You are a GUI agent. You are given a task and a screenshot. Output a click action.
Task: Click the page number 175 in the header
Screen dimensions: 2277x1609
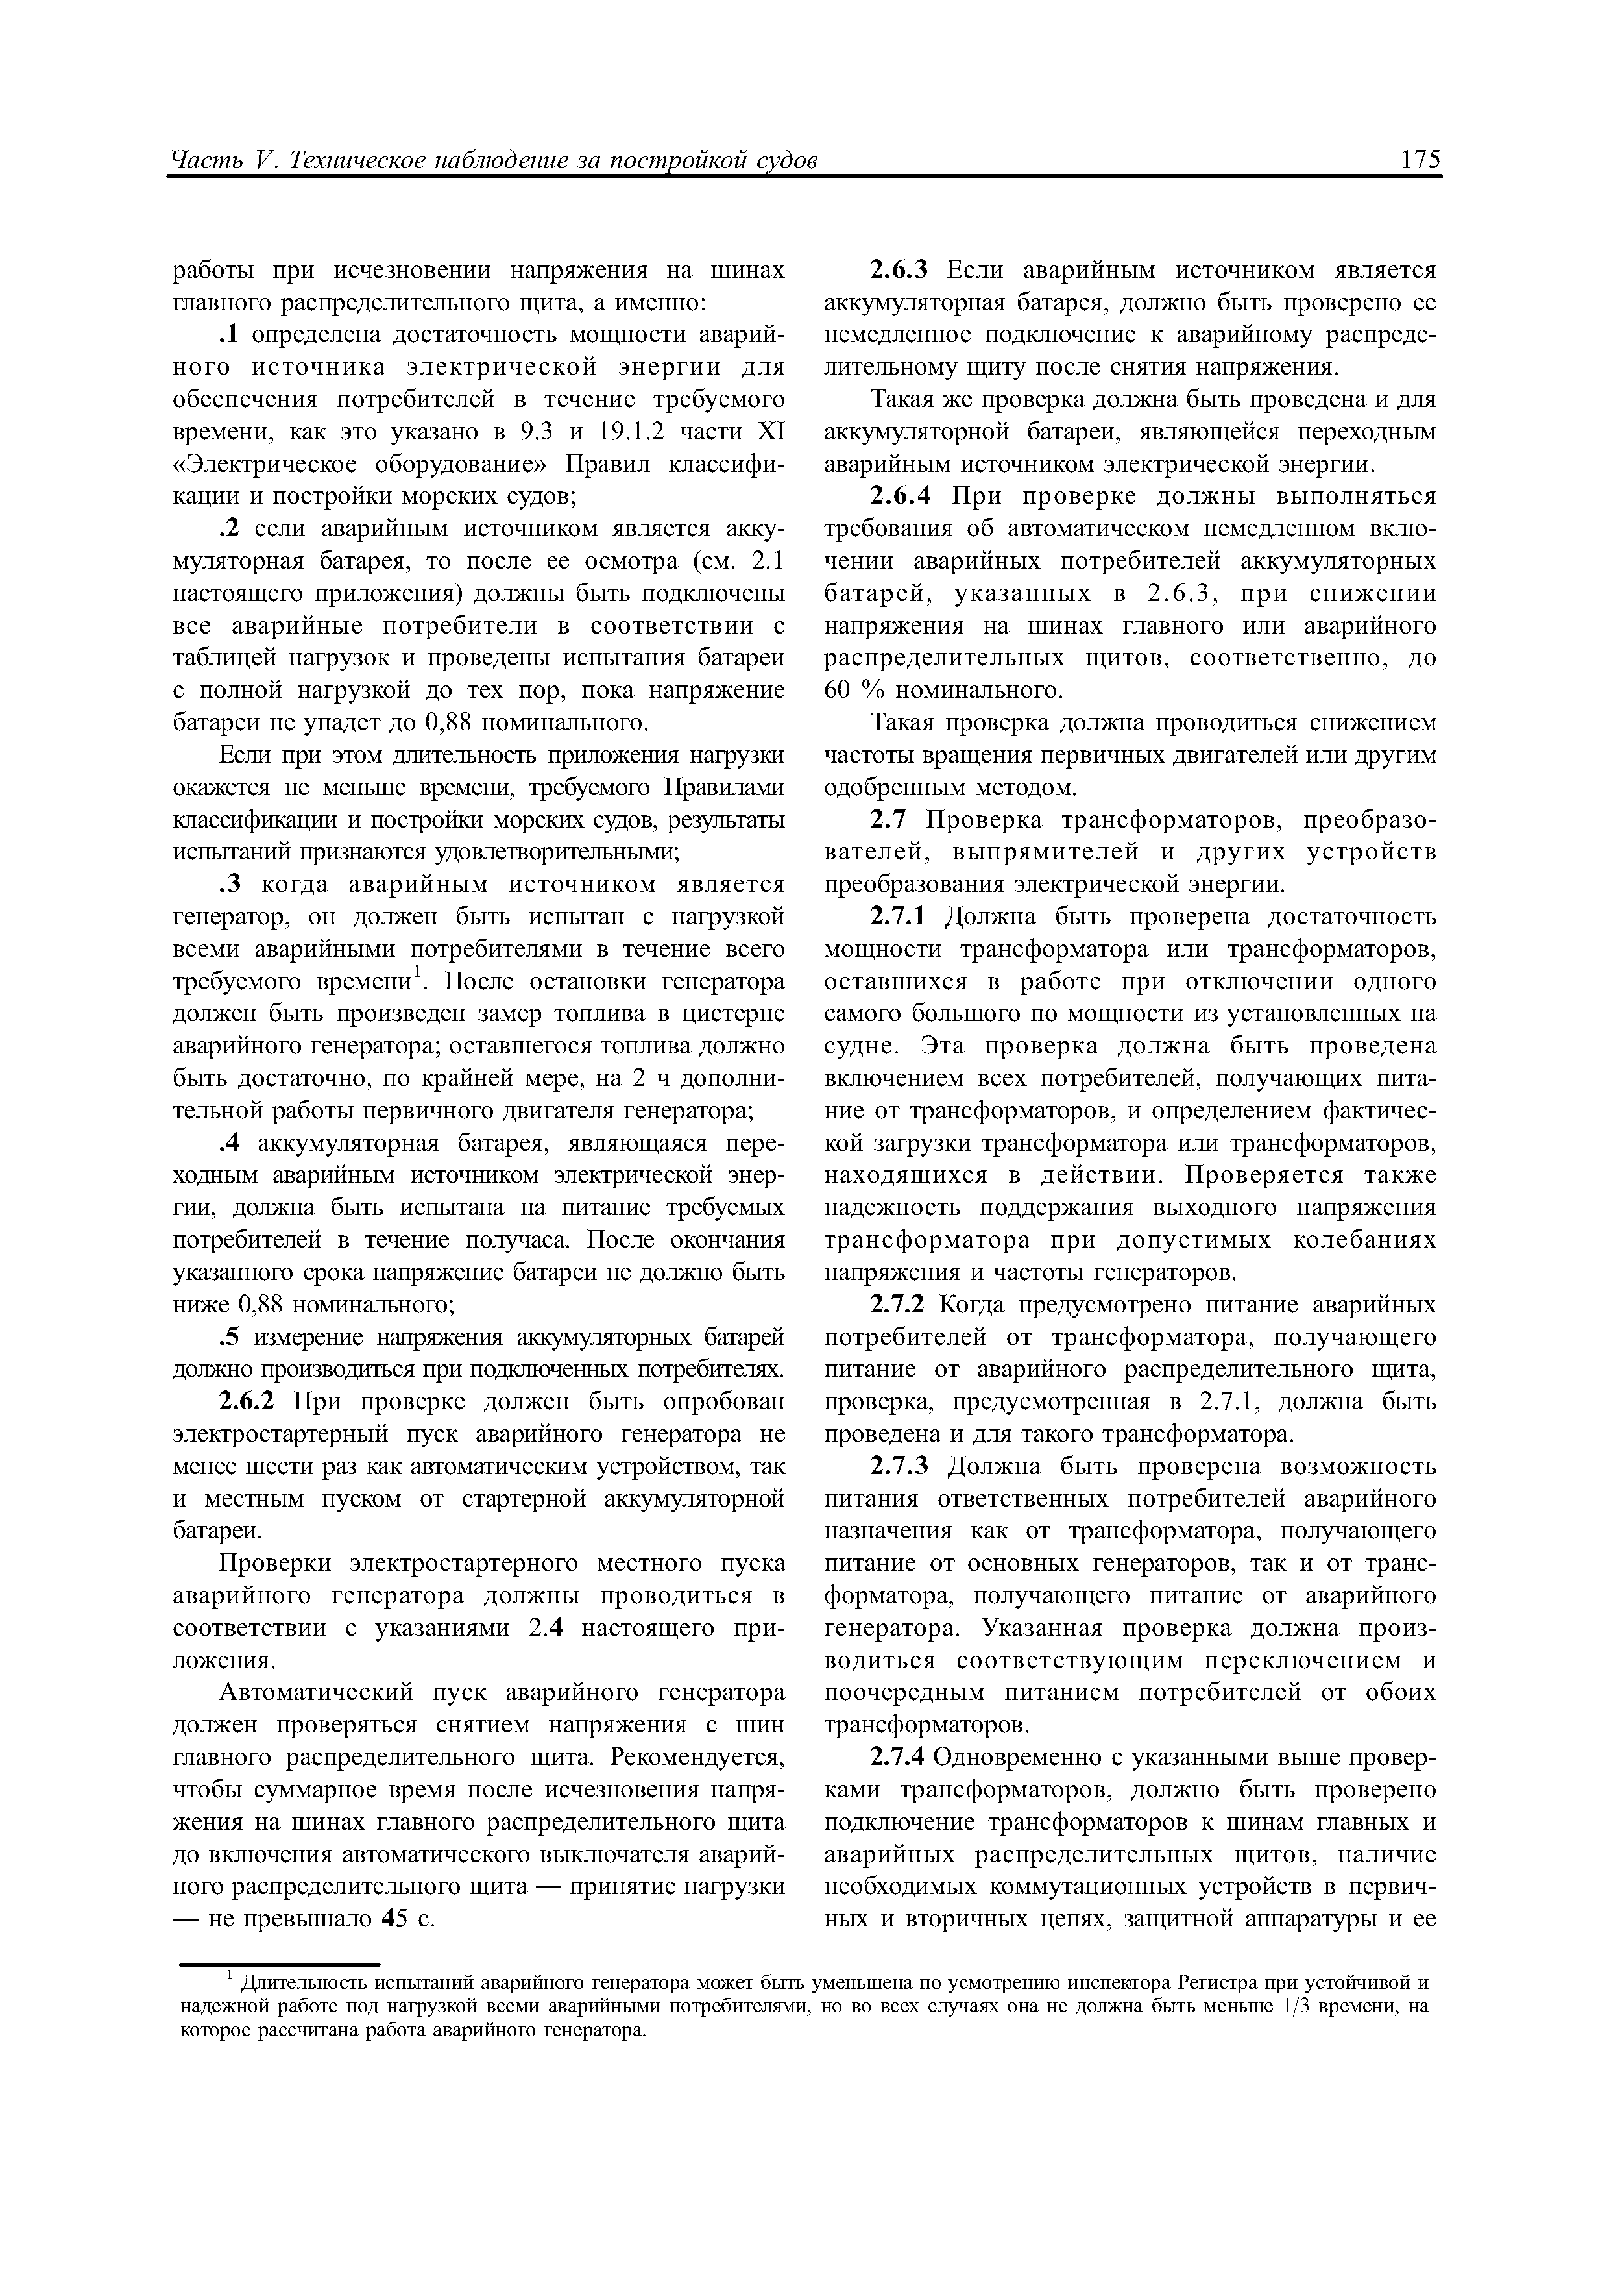click(x=1420, y=161)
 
